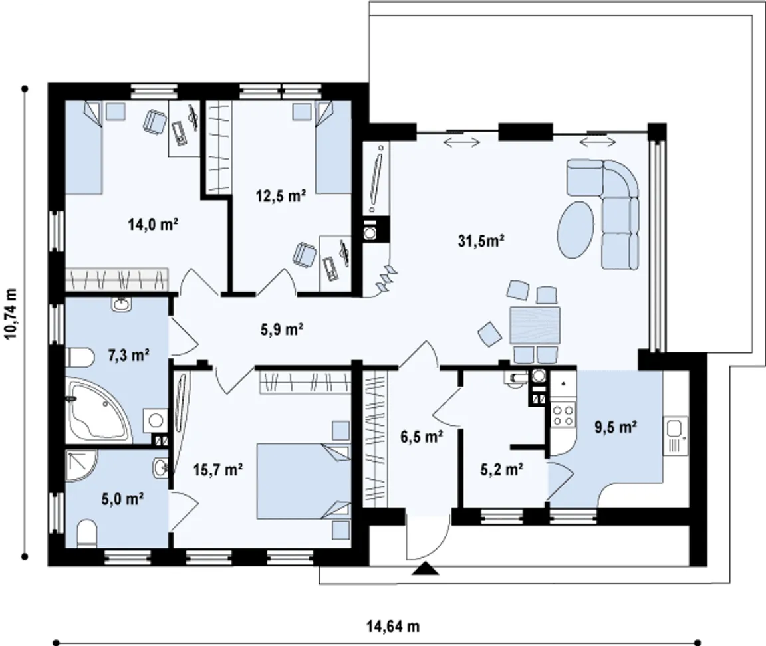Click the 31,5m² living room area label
tap(481, 241)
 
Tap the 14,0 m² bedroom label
tap(153, 225)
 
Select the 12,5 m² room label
tap(281, 196)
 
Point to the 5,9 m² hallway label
tap(283, 330)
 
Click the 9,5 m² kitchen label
tap(615, 427)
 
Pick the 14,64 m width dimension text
tap(393, 626)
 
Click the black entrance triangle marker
tap(424, 568)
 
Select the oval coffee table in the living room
tap(576, 229)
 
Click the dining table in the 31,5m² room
tap(535, 325)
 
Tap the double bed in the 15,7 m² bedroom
tap(303, 481)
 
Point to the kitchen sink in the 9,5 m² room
tap(676, 435)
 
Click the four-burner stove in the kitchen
tap(563, 415)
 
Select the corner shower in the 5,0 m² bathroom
tap(82, 465)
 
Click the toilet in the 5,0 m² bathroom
tap(88, 533)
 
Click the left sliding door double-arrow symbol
tap(461, 142)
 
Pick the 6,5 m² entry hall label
tap(422, 437)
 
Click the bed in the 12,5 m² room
tap(334, 148)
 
